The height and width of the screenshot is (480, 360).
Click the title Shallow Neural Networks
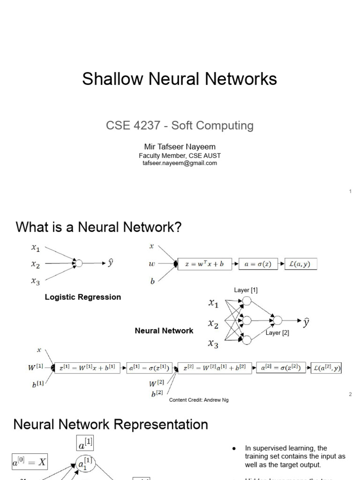pyautogui.click(x=180, y=79)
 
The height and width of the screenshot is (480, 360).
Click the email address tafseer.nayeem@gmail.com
pyautogui.click(x=180, y=163)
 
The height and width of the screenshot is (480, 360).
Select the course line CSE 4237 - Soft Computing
pyautogui.click(x=180, y=126)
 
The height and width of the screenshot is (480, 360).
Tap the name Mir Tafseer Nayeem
pyautogui.click(x=180, y=147)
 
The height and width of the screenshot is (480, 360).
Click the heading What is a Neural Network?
pyautogui.click(x=98, y=228)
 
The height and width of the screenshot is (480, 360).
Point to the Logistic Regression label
pyautogui.click(x=82, y=297)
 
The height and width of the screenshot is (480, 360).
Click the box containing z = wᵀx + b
pyautogui.click(x=205, y=264)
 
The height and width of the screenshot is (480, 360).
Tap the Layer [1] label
pyautogui.click(x=246, y=290)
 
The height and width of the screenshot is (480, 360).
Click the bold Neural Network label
pyautogui.click(x=164, y=331)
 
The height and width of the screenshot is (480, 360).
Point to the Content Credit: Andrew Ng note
pyautogui.click(x=199, y=400)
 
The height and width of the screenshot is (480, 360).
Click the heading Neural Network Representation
pyautogui.click(x=111, y=425)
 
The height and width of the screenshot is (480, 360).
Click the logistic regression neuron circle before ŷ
pyautogui.click(x=79, y=263)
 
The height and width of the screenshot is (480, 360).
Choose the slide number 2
pyautogui.click(x=350, y=394)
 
